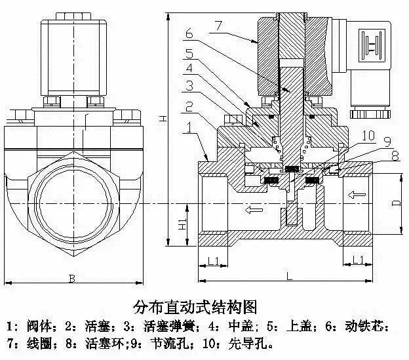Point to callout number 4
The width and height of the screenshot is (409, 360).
pyautogui.click(x=188, y=68)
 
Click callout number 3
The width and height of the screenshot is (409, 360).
pyautogui.click(x=188, y=86)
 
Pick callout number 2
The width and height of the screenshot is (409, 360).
pyautogui.click(x=188, y=107)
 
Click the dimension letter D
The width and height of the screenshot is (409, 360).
pyautogui.click(x=396, y=203)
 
